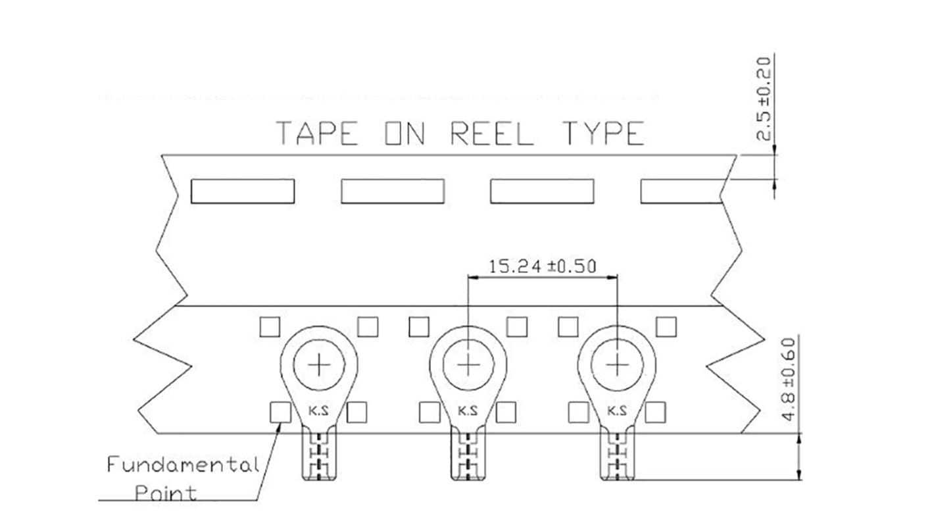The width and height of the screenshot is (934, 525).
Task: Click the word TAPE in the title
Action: pyautogui.click(x=317, y=133)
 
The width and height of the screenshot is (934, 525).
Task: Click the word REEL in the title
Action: pyautogui.click(x=493, y=133)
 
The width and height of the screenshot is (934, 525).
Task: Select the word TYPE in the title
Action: pyautogui.click(x=603, y=133)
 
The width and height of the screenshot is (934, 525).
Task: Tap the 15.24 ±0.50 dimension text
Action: pyautogui.click(x=542, y=266)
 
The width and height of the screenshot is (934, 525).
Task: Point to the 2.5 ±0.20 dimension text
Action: pyautogui.click(x=764, y=99)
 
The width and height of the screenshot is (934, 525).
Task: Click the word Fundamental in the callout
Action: pyautogui.click(x=183, y=464)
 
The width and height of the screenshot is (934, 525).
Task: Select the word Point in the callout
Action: pyautogui.click(x=166, y=493)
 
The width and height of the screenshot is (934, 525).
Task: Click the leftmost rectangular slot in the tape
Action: pyautogui.click(x=243, y=191)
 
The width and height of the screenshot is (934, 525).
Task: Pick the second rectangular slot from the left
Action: pyautogui.click(x=393, y=191)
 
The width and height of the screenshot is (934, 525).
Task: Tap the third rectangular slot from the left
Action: pyautogui.click(x=542, y=191)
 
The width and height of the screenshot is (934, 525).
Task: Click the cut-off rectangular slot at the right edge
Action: pyautogui.click(x=681, y=191)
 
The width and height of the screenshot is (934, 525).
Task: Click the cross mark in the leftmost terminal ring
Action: pyautogui.click(x=319, y=365)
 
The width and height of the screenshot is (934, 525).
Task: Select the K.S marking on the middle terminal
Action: pyautogui.click(x=468, y=411)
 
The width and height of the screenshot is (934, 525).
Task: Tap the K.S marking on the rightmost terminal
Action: pyautogui.click(x=617, y=411)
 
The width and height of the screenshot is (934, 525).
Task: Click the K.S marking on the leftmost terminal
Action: pyautogui.click(x=318, y=411)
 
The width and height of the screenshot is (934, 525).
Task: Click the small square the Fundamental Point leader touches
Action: pyautogui.click(x=281, y=413)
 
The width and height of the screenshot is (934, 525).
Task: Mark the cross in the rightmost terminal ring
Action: pyautogui.click(x=617, y=365)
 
